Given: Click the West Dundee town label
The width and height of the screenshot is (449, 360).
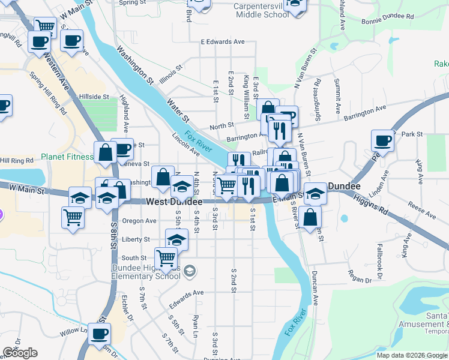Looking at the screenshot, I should tap(175, 202).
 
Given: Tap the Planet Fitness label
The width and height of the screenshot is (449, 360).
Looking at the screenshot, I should tap(67, 157).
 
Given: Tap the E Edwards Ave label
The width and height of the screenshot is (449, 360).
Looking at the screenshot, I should tap(223, 42).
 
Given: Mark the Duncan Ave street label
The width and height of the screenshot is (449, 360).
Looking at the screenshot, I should tap(315, 287).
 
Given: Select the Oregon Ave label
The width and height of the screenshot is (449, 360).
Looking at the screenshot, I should tap(139, 221).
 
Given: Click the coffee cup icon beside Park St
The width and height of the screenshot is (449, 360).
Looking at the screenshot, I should tap(383, 141).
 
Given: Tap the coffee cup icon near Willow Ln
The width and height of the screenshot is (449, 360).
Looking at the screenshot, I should tap(99, 334).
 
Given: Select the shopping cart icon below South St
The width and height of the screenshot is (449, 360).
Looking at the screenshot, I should tap(166, 259).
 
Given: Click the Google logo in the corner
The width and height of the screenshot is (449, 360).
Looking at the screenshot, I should tap(20, 353).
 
